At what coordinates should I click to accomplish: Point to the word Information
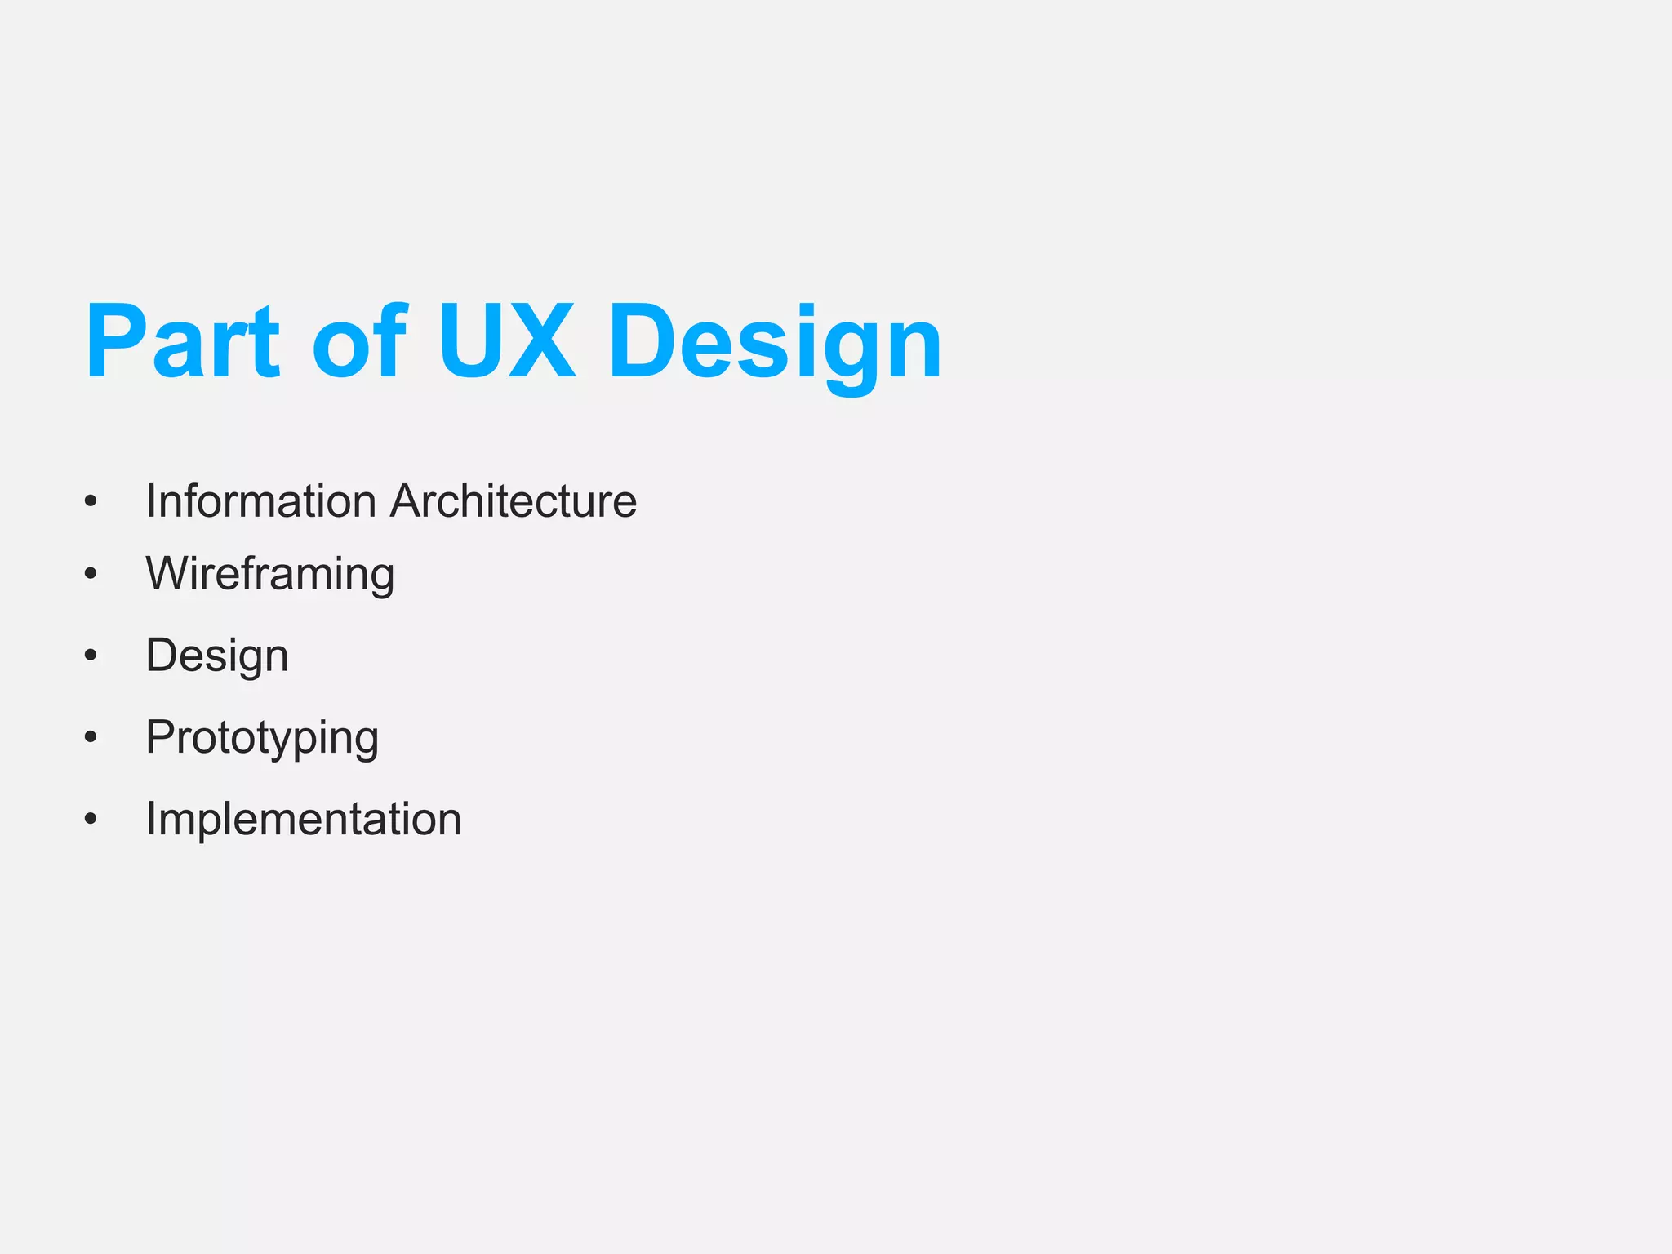pyautogui.click(x=260, y=500)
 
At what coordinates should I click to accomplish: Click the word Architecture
pyautogui.click(x=514, y=500)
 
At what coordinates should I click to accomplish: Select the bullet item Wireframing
pyautogui.click(x=270, y=574)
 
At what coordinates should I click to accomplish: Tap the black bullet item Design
pyautogui.click(x=217, y=656)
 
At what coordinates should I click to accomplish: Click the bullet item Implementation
pyautogui.click(x=304, y=819)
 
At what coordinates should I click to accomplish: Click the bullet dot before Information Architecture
pyautogui.click(x=91, y=501)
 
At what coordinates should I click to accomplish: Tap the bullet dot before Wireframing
pyautogui.click(x=91, y=574)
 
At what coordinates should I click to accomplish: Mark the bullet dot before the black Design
pyautogui.click(x=91, y=655)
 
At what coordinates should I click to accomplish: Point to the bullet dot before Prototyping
pyautogui.click(x=91, y=737)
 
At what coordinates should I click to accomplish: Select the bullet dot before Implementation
pyautogui.click(x=91, y=819)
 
